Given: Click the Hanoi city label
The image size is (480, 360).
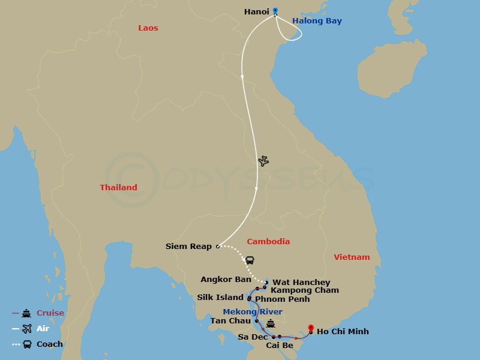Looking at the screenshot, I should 256,11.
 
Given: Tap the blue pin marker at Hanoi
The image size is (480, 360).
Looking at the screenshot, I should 275,10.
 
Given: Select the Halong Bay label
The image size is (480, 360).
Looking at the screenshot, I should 317,21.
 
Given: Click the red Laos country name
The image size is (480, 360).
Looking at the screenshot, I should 148,28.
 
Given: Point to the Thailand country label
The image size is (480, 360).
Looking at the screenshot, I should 118,187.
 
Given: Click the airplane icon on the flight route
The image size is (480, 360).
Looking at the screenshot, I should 263,161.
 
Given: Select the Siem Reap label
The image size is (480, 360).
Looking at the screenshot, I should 188,246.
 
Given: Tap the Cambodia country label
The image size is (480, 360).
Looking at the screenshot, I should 268,241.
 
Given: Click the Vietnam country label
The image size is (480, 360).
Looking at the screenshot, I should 352,257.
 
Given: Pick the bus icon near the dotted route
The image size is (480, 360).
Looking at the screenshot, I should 250,260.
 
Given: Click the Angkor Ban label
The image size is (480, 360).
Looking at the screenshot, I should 226,280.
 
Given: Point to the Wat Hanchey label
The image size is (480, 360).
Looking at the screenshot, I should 301,282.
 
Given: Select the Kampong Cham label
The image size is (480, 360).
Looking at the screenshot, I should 305,290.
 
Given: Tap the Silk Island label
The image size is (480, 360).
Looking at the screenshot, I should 220,298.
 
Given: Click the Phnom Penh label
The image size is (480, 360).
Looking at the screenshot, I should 283,299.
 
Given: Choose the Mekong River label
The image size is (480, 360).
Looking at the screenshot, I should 252,311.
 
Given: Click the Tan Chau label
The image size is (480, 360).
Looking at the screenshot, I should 230,320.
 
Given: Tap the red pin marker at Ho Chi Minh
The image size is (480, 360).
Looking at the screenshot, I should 311,328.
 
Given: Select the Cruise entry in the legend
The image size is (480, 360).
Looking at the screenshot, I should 50,313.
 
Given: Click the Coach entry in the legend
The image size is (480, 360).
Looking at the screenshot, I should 49,344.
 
